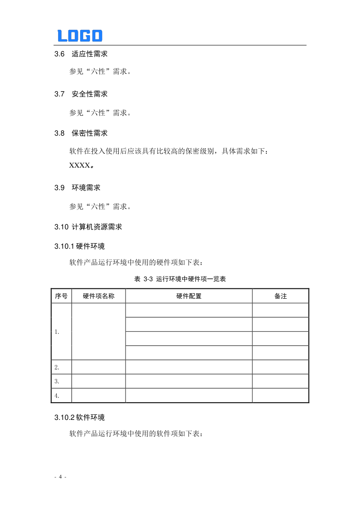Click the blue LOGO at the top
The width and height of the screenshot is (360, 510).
tap(80, 36)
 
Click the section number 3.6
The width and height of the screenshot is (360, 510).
tap(59, 54)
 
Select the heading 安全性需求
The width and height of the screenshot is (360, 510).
tap(90, 94)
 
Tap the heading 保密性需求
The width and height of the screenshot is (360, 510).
tap(90, 133)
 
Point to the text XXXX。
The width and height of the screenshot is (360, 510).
tap(82, 165)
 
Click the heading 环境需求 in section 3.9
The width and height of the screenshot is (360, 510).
tap(86, 187)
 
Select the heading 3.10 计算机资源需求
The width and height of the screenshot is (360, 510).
tap(88, 227)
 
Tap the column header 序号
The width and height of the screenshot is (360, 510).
tap(61, 296)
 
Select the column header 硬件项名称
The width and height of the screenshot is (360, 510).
tap(99, 296)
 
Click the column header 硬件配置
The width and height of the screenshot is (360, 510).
tap(189, 296)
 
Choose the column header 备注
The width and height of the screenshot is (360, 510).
tap(280, 296)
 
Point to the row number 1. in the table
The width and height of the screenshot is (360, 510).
tap(57, 332)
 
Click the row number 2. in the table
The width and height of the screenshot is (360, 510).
tap(57, 367)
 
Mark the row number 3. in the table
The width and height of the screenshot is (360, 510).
tap(57, 381)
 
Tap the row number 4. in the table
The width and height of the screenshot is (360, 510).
tap(57, 396)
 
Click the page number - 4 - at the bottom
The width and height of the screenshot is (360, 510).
tap(60, 477)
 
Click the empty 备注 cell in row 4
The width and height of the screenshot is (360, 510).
tap(280, 396)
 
